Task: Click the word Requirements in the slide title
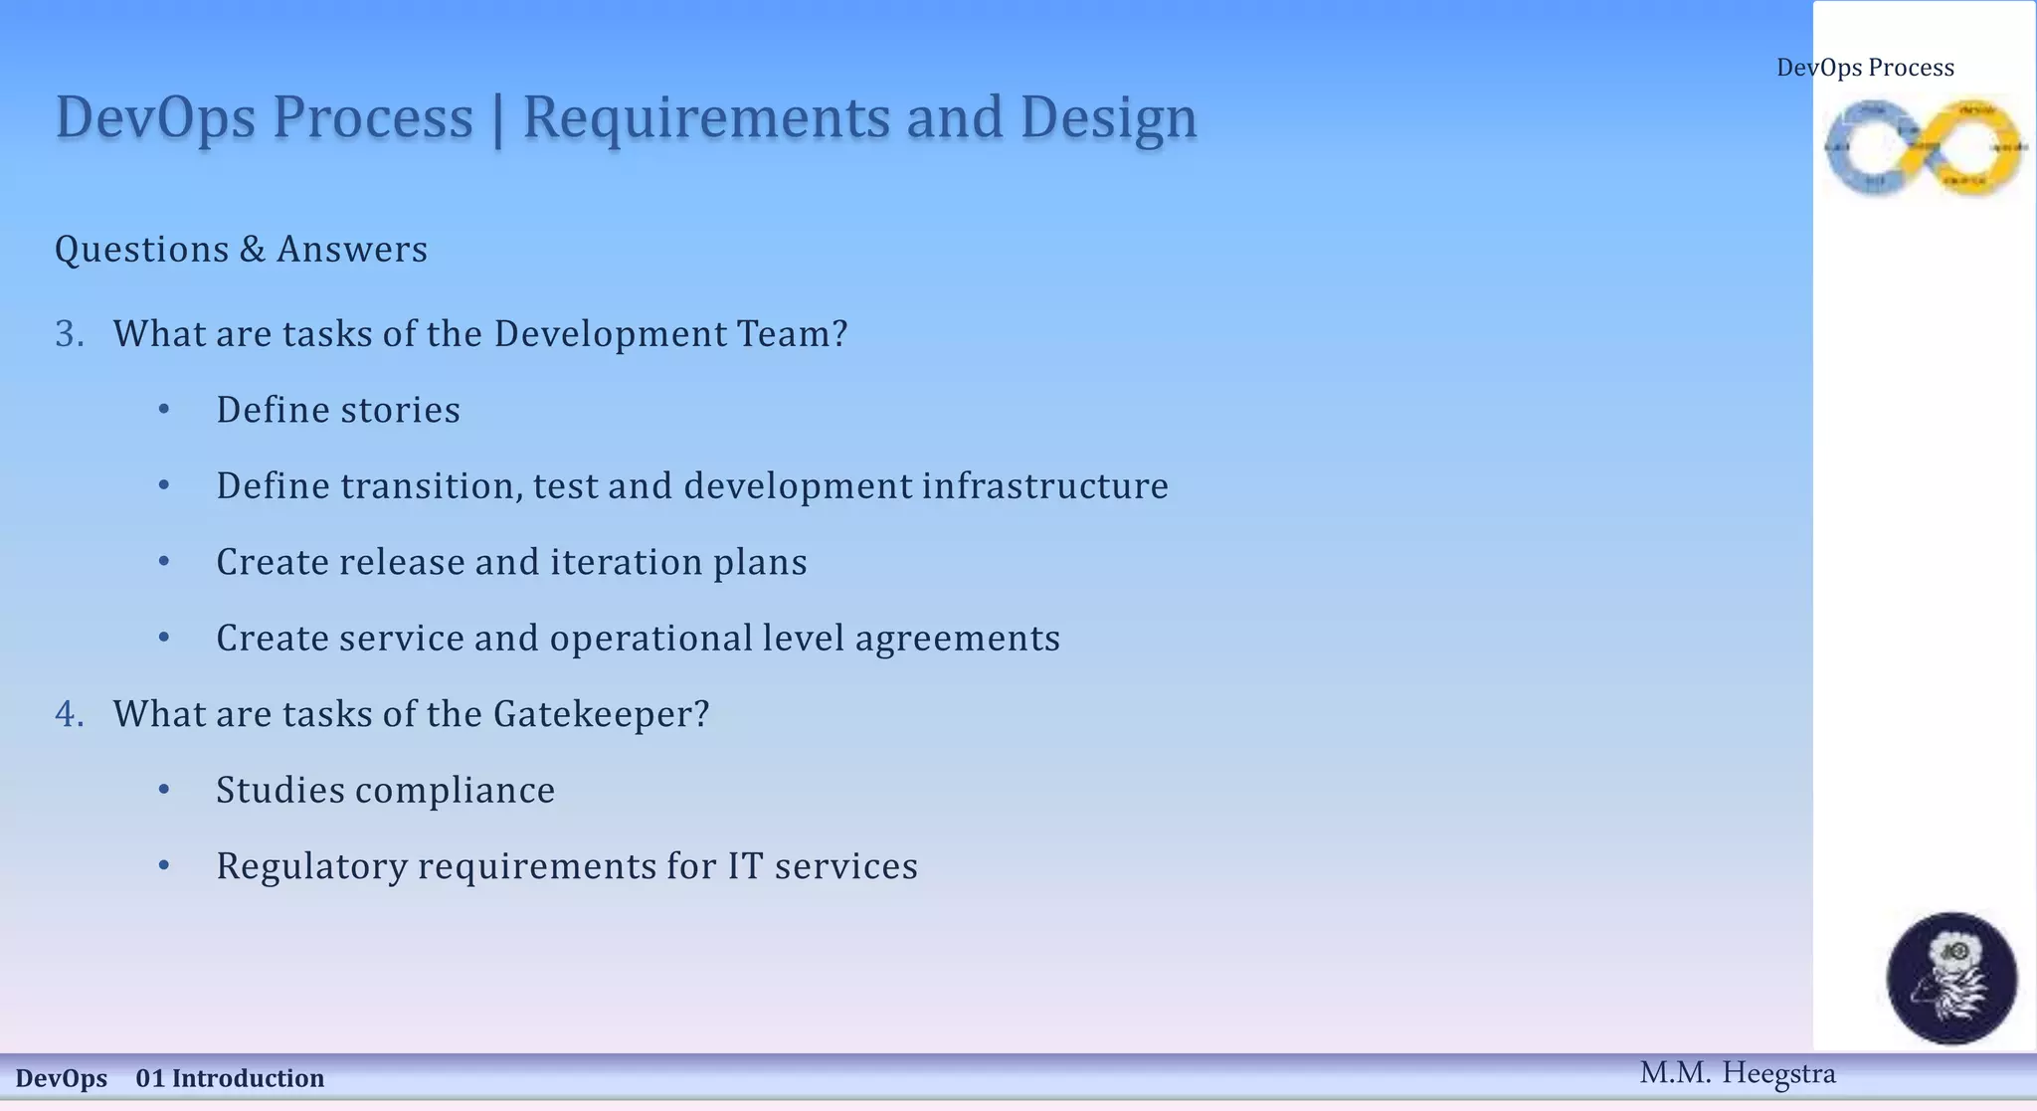pos(707,118)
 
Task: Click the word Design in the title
pos(1108,118)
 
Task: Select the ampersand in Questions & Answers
pos(252,249)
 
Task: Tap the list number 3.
pos(69,334)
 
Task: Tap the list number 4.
pos(69,714)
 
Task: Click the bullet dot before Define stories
pos(164,409)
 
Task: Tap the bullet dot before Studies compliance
pos(164,789)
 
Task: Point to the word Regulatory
pos(311,866)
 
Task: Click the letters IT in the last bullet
pos(745,865)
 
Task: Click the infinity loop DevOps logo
pos(1924,147)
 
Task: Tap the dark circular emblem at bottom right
pos(1951,978)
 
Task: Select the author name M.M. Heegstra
pos(1737,1073)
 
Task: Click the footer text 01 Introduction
pos(230,1078)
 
